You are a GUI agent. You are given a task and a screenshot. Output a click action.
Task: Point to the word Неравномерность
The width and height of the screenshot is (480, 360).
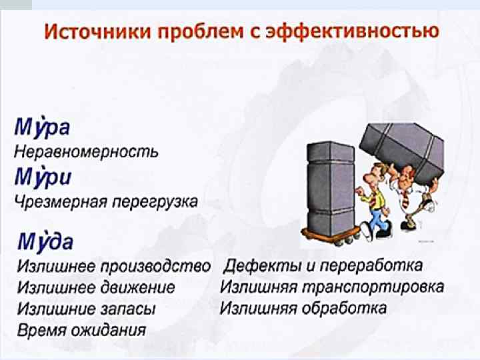[87, 151]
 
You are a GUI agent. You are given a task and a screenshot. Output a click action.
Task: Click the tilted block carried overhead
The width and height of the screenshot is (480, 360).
[402, 146]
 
